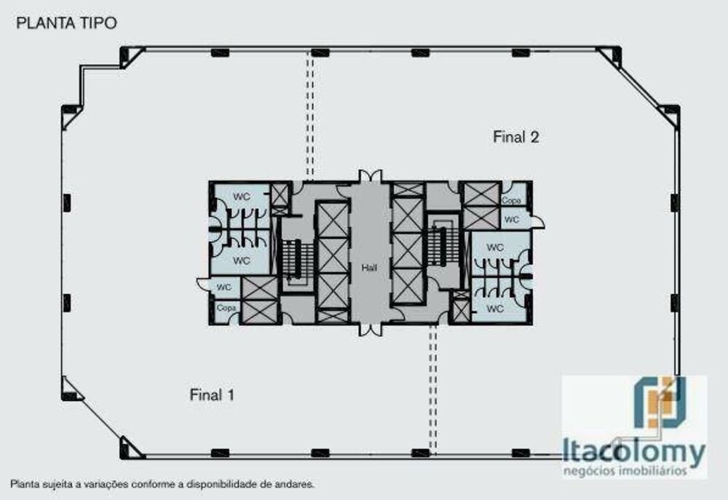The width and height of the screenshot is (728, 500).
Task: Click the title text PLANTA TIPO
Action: pos(66,23)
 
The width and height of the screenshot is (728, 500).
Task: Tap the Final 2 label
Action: pos(515,137)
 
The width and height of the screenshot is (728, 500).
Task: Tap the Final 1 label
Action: pos(211,395)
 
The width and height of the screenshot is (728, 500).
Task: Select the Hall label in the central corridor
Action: pos(370,268)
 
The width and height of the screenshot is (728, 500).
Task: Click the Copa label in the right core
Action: pos(512,200)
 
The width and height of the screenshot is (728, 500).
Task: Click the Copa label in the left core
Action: pos(225,309)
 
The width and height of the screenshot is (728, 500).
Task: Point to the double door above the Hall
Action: pos(370,175)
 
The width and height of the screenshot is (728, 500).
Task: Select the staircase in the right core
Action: pos(438,244)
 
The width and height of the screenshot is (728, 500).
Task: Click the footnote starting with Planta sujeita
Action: pos(162,483)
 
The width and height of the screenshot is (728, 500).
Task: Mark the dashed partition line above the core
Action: pos(310,116)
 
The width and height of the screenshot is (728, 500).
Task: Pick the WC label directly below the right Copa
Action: pos(512,218)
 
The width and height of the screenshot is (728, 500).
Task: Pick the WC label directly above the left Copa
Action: pos(224,287)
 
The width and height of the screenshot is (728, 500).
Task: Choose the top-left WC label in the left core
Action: pos(241,197)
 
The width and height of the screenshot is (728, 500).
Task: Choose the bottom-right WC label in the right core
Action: pos(495,309)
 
